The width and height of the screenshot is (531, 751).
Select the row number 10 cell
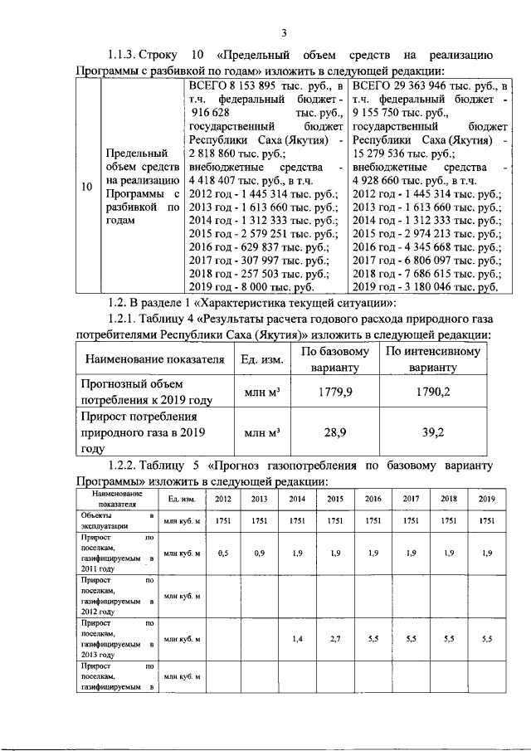87,188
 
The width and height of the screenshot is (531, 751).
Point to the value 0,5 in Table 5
223,553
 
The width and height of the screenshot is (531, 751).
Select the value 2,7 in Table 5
335,641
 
